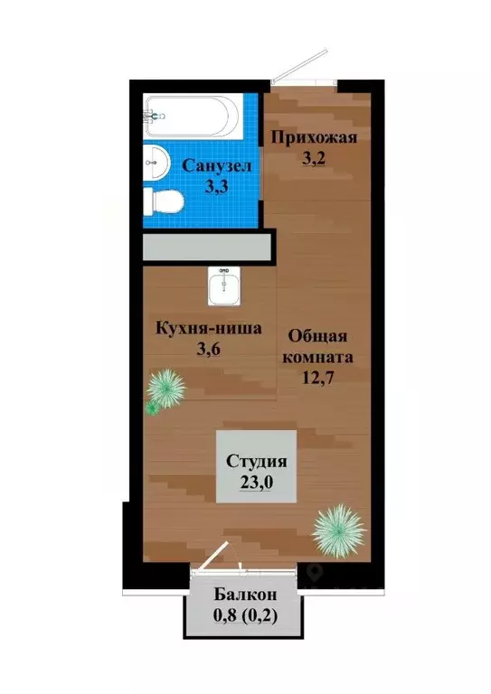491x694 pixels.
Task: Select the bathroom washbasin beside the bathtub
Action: (x=157, y=163)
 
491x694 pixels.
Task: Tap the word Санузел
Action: (x=218, y=166)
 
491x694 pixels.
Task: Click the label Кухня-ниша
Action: (x=208, y=328)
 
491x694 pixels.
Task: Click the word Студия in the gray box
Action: (x=257, y=460)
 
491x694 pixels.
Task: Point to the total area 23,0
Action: (x=256, y=483)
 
